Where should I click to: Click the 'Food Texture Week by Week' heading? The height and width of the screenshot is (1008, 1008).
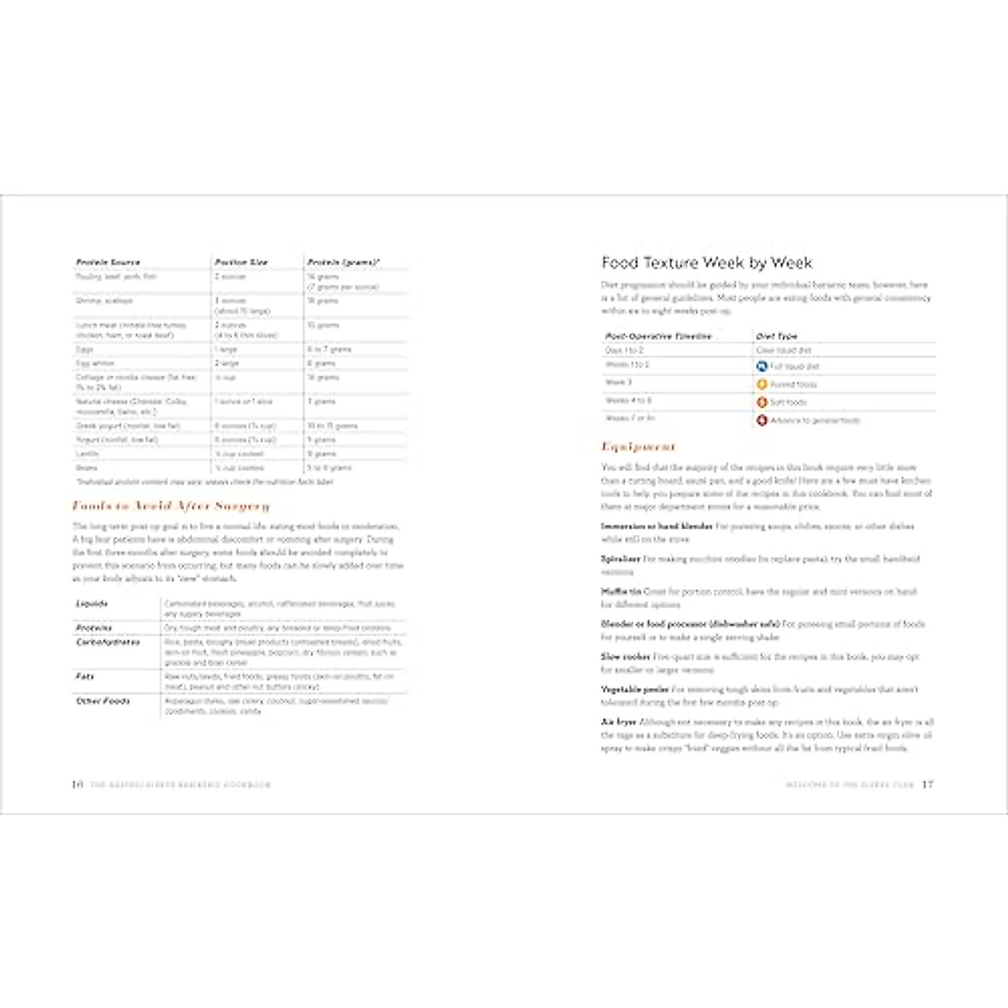coord(706,263)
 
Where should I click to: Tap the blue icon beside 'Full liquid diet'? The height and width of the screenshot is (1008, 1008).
coord(762,366)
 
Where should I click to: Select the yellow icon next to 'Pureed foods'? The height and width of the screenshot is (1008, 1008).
coord(762,384)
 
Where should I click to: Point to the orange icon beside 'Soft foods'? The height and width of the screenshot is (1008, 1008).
coord(762,402)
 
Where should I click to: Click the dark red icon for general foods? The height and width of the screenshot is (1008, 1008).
coord(762,420)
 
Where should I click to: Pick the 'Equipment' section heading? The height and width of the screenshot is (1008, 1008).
coord(638,447)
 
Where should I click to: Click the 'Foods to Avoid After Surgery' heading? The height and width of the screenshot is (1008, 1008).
coord(171,506)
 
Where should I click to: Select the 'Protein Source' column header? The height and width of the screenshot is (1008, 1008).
coord(108,262)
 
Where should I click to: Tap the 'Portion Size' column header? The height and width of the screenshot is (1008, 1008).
coord(241,262)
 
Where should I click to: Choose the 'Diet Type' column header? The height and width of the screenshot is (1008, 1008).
coord(776,336)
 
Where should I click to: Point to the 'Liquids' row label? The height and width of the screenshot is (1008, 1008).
coord(92,604)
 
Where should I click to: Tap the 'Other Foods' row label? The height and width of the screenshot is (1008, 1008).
coord(102,701)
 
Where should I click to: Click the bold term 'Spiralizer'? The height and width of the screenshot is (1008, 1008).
coord(621,559)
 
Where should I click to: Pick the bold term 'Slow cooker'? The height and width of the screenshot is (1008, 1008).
coord(625,657)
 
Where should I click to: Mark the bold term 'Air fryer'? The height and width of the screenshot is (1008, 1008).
coord(618,722)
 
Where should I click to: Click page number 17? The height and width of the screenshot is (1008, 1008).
coord(927,785)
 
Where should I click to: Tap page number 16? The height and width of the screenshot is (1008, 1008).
coord(76,785)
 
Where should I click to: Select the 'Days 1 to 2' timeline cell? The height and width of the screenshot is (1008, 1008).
coord(624,350)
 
